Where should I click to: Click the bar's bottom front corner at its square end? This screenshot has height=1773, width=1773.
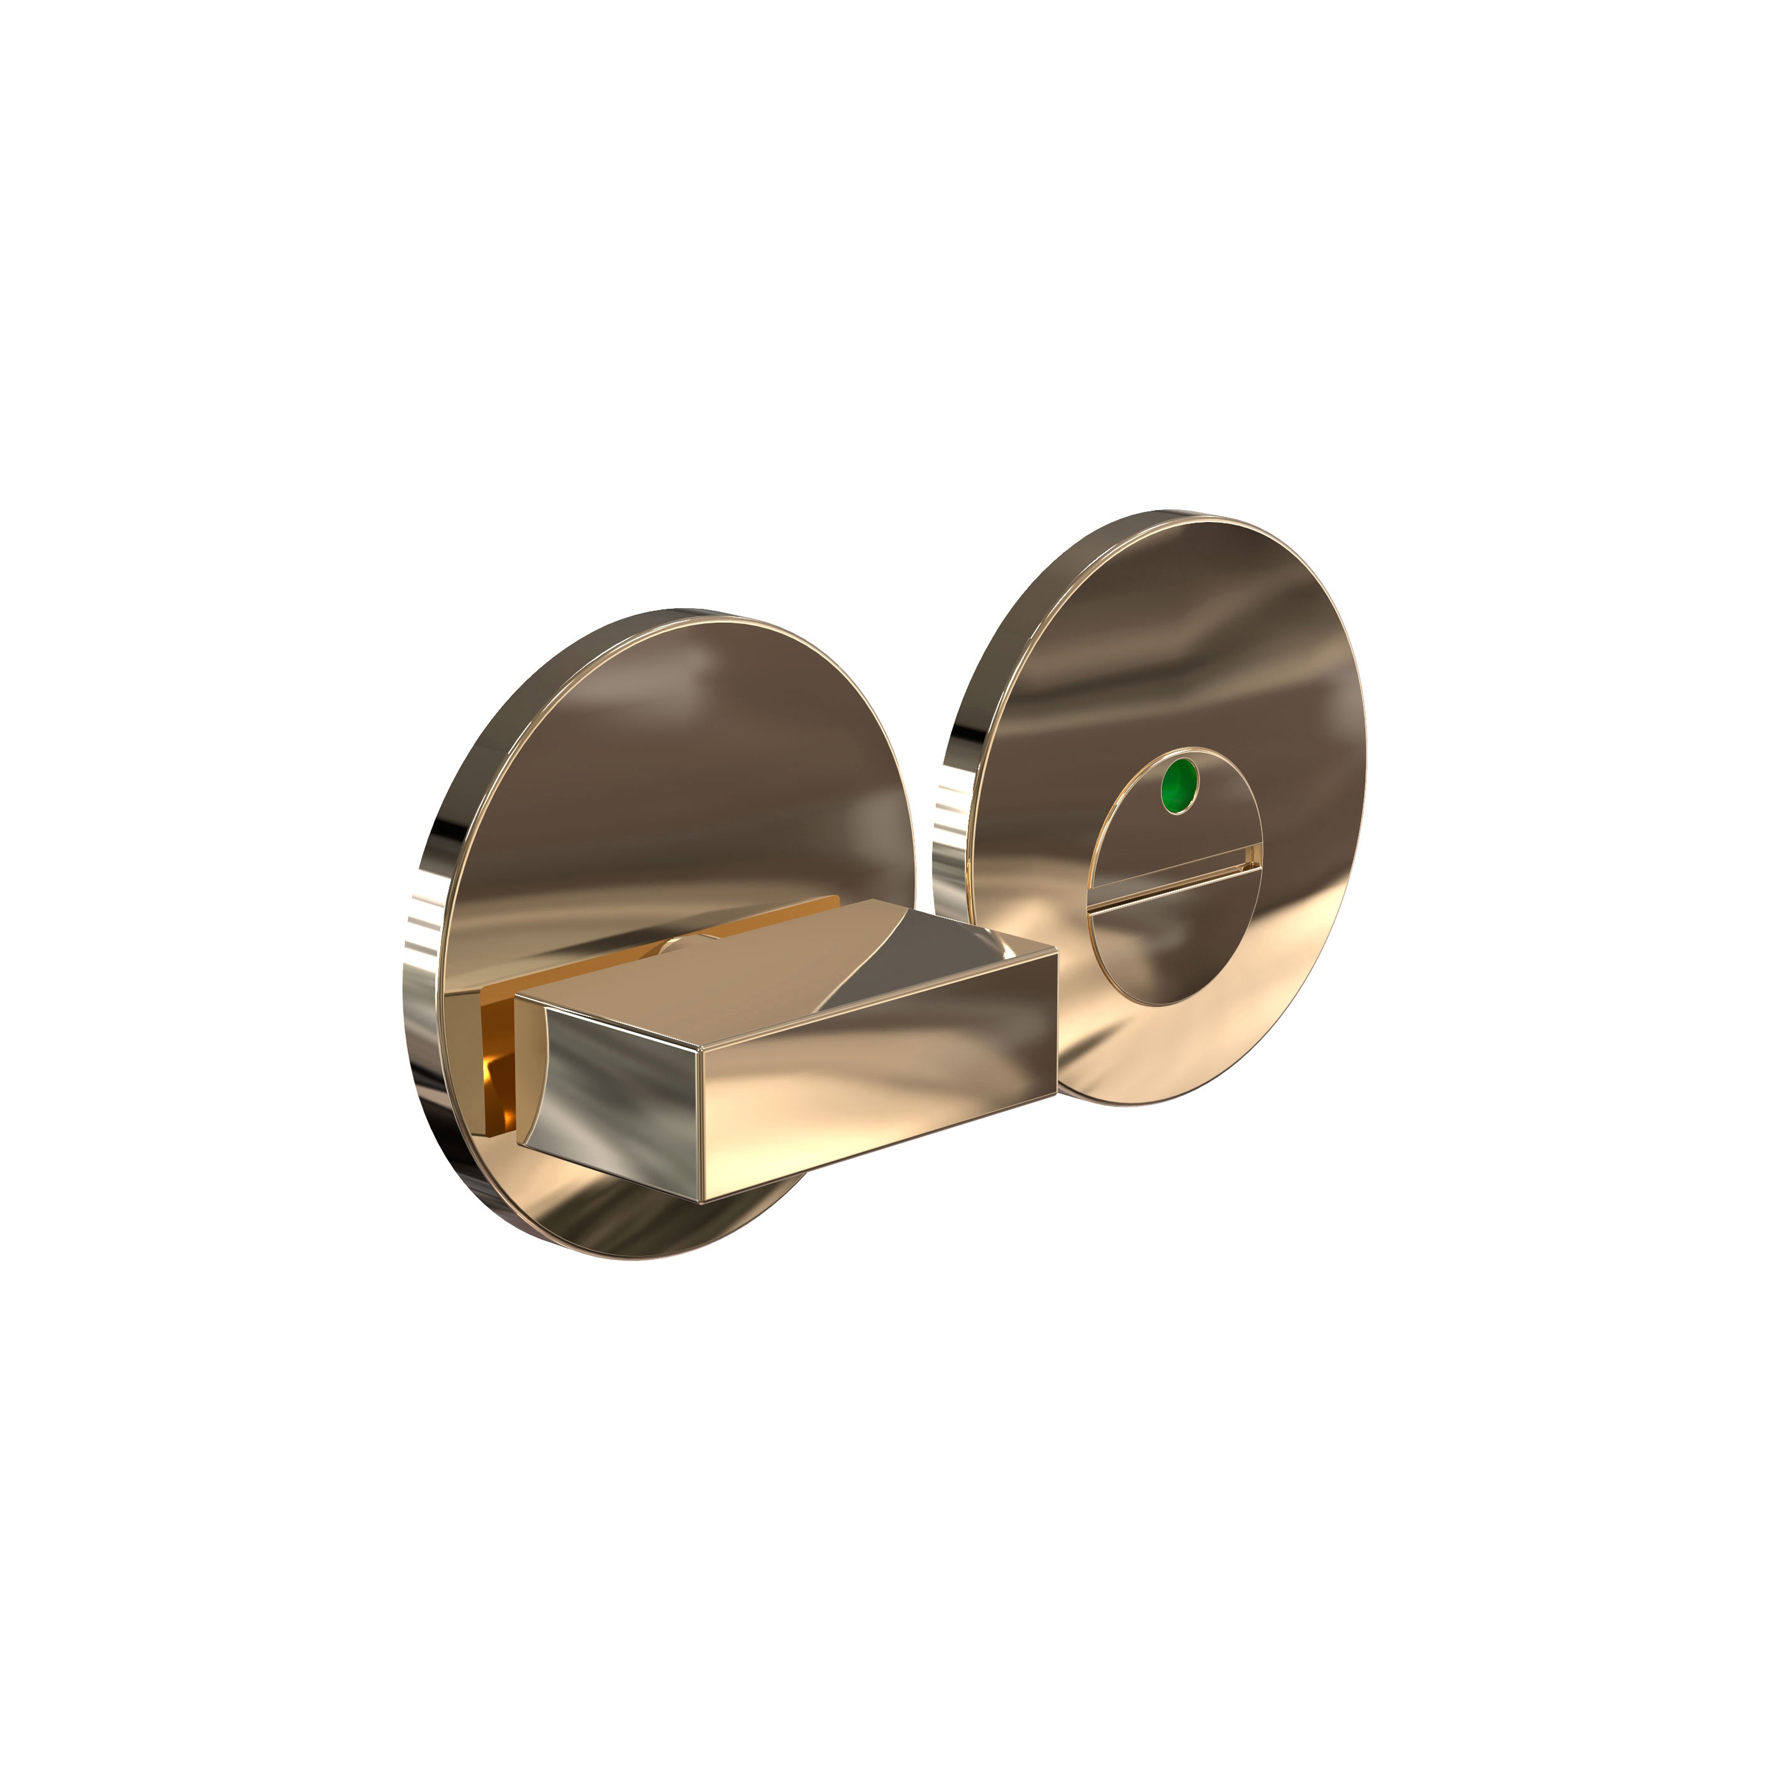click(x=702, y=1200)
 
